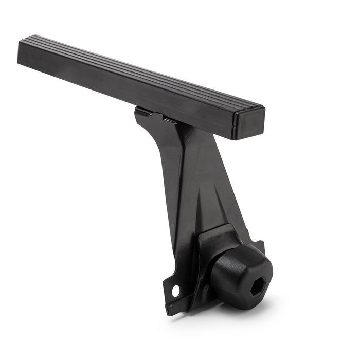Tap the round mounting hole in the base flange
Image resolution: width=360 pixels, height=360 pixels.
175,290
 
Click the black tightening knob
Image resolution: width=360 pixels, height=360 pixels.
241,271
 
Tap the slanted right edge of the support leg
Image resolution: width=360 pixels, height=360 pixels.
229,185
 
